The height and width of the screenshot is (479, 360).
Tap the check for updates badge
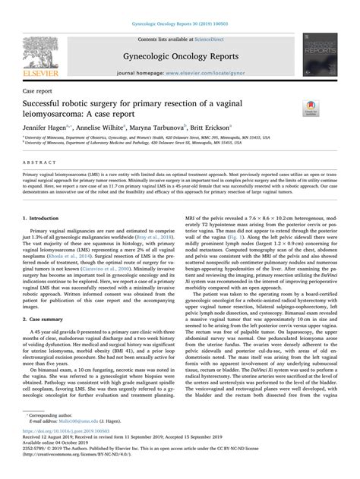(x=312, y=107)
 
